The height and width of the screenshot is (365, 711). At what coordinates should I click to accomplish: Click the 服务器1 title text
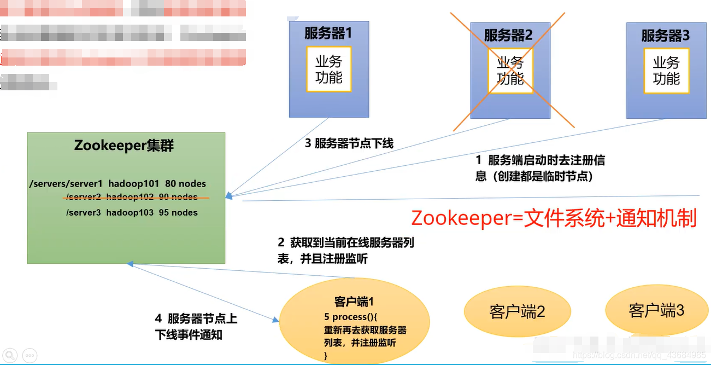(x=328, y=33)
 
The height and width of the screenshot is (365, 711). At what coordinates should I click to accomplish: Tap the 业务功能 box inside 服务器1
(x=328, y=69)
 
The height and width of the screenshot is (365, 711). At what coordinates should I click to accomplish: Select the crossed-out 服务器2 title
(x=508, y=36)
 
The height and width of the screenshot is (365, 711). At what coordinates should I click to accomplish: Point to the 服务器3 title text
(x=666, y=36)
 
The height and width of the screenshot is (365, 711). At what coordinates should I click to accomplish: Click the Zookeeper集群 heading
(x=125, y=146)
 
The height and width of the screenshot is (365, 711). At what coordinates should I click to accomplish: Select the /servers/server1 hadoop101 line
(x=118, y=184)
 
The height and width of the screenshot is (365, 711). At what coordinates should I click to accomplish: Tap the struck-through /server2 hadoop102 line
(x=132, y=197)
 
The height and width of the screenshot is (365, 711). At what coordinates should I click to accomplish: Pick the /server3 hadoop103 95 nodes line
(x=132, y=212)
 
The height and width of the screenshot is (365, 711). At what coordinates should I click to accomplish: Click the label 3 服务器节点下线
(x=349, y=144)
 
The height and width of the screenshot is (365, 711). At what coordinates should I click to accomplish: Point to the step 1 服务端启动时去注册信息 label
(x=540, y=168)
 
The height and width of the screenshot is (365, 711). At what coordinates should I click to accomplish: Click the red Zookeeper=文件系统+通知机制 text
(x=554, y=218)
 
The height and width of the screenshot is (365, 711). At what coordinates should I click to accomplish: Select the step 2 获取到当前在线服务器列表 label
(x=345, y=251)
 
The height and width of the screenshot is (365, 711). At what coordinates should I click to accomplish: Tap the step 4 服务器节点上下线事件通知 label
(x=196, y=327)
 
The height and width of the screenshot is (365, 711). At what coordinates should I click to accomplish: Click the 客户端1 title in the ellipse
(x=354, y=302)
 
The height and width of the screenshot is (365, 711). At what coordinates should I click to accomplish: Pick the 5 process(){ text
(x=351, y=317)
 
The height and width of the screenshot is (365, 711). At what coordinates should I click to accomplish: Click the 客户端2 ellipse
(x=517, y=312)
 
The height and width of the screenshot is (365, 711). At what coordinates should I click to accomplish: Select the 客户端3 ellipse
(x=656, y=311)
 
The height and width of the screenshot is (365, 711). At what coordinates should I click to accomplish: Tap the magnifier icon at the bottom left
(x=10, y=355)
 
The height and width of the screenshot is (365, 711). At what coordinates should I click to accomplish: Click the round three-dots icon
(x=30, y=355)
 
